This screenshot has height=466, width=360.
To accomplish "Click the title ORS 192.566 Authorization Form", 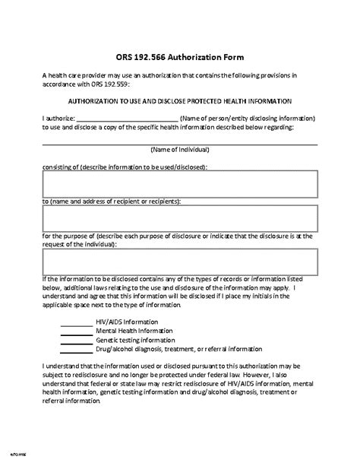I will [x=180, y=58].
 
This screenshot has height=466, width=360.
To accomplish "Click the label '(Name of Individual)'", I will [x=180, y=150].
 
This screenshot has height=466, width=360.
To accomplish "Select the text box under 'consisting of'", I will [x=180, y=184].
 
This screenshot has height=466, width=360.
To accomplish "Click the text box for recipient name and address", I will [x=180, y=220].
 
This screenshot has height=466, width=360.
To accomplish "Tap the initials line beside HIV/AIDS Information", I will [x=75, y=322].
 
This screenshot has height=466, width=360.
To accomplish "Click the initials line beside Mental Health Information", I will [x=75, y=331].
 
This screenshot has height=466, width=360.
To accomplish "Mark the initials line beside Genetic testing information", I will [x=75, y=341].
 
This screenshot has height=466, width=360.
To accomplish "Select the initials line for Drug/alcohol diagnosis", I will [x=75, y=350].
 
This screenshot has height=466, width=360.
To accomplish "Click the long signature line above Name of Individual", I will [x=180, y=142].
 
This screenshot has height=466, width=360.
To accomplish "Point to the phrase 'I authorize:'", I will [x=58, y=119].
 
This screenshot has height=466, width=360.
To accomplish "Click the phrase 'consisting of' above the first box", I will [x=61, y=165].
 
